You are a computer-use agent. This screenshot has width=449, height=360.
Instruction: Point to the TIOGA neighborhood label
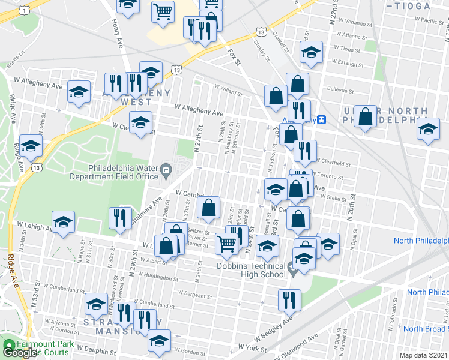click(410, 6)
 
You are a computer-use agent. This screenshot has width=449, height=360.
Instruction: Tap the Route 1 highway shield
click(24, 10)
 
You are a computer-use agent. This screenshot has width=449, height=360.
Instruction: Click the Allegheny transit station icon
click(322, 119)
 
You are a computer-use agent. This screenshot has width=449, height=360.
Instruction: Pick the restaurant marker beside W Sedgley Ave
click(289, 299)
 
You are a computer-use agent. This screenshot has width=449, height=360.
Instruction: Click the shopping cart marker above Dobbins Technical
click(226, 242)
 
